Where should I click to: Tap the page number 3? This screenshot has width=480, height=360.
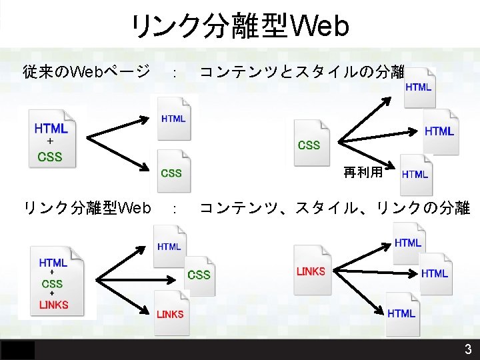[x=468, y=349]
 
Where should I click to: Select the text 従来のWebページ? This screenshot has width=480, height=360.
[x=87, y=71]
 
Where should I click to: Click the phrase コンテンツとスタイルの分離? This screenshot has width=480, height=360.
[x=303, y=71]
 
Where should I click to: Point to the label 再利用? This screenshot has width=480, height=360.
[x=363, y=173]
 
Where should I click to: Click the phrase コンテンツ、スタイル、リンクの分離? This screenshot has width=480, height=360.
[x=335, y=209]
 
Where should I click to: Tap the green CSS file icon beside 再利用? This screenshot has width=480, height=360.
[x=309, y=142]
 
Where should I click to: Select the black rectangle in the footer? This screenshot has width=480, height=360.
[x=17, y=349]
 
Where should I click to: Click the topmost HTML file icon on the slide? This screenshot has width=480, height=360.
[x=419, y=87]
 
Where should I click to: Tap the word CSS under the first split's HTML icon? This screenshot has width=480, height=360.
[x=172, y=173]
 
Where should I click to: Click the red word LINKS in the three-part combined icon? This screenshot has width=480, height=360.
[x=53, y=305]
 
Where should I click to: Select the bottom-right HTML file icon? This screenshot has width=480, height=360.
[x=401, y=313]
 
